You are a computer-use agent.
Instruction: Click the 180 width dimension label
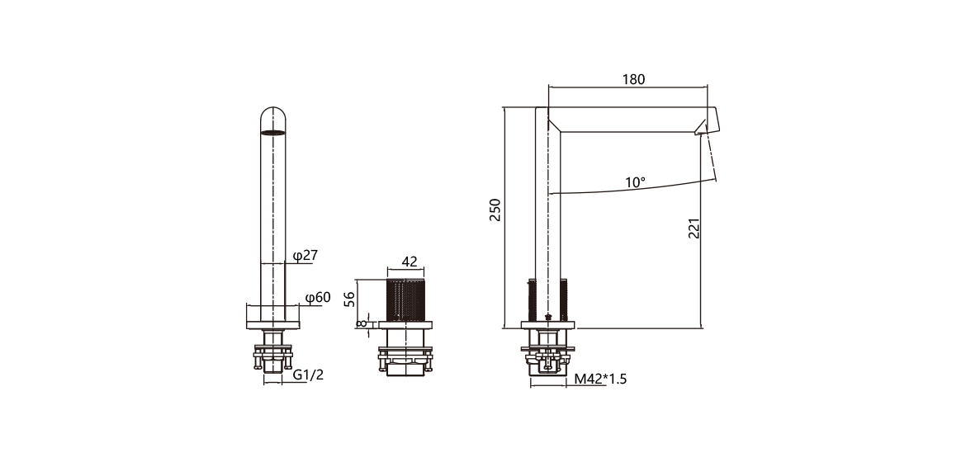633,79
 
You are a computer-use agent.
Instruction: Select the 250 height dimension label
495,211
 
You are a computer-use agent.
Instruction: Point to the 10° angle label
635,181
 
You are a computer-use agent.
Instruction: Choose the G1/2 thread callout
309,375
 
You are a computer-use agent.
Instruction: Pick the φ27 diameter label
305,256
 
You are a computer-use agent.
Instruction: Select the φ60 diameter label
317,297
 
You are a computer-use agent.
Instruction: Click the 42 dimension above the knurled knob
410,262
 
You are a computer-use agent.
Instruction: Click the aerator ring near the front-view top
273,132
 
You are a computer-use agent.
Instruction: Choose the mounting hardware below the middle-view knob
405,358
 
